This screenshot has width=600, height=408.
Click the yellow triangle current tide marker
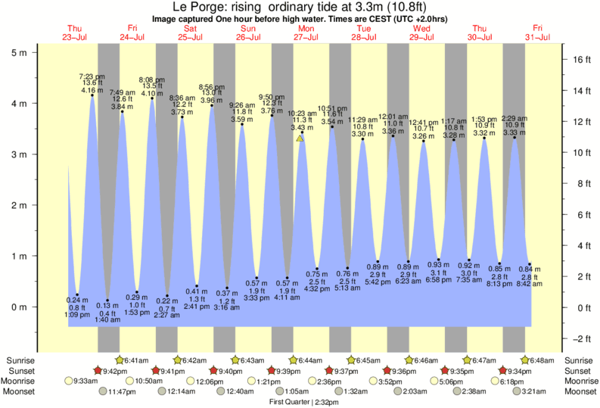pos(300,139)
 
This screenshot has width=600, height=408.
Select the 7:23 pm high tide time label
pos(92,76)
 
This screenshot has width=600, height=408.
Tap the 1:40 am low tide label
pos(107,320)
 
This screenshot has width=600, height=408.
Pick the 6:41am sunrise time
pos(136,360)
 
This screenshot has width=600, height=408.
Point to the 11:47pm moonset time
pos(125,391)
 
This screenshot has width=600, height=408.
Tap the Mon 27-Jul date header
pos(306,33)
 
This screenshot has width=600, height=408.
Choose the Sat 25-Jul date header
pos(190,33)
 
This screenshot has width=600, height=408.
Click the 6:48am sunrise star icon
pos(525,360)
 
